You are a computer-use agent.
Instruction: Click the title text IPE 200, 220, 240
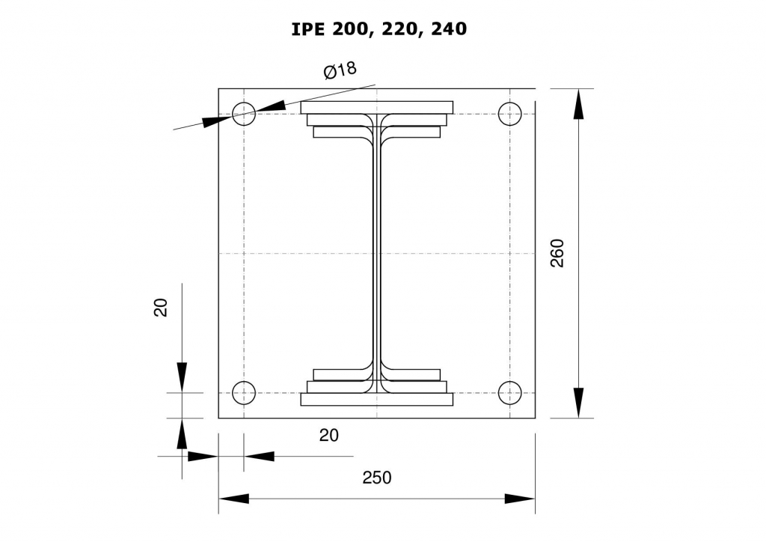pos(379,29)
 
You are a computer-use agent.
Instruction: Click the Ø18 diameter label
pos(340,70)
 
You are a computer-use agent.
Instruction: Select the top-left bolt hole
pos(244,115)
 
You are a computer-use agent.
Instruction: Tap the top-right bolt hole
pos(509,114)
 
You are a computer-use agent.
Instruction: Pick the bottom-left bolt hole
pos(244,392)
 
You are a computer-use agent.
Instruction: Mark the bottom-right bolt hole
pos(509,392)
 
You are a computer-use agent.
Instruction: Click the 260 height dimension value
pos(558,253)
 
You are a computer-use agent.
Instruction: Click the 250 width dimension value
pos(376,478)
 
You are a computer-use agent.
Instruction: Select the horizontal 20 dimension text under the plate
pos(329,435)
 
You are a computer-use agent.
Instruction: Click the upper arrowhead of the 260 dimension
pos(578,104)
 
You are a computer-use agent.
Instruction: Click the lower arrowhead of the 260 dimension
pos(578,403)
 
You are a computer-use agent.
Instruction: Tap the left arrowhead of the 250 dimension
pos(233,499)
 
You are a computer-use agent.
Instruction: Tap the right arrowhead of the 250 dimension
pos(520,499)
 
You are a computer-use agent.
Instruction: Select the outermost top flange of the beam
pos(377,107)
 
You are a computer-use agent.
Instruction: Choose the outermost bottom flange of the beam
pos(377,400)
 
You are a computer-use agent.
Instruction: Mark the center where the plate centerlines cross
pos(377,254)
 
